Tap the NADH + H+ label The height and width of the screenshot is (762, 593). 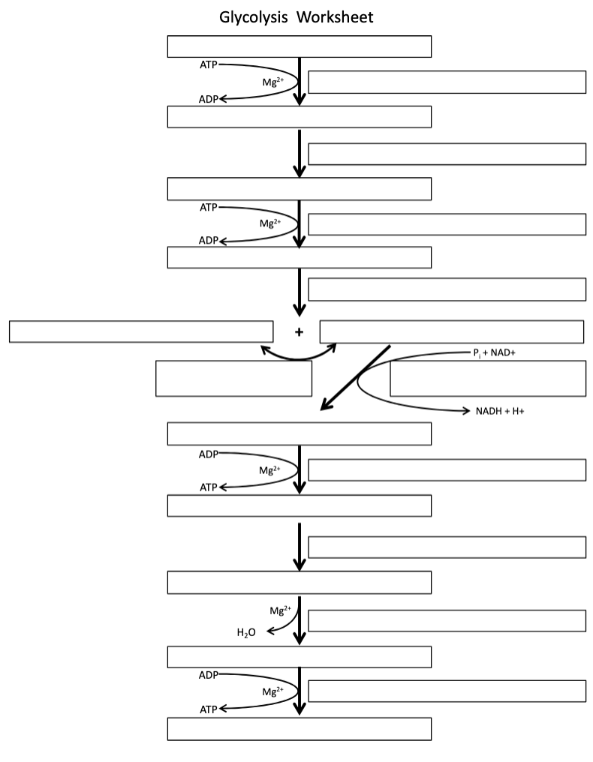coord(500,411)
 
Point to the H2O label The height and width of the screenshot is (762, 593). coord(246,633)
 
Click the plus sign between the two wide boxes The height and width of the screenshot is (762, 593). coord(299,332)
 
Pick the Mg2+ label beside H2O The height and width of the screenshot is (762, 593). coord(280,610)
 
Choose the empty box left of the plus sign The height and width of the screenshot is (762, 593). coord(141,331)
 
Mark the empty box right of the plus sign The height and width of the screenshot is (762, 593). coord(452,331)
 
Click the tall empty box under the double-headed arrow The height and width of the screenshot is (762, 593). coord(233,378)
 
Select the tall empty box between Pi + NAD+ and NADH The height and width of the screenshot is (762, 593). coord(487,378)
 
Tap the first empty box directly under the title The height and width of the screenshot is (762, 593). coord(299,46)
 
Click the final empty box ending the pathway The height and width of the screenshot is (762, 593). coord(299,729)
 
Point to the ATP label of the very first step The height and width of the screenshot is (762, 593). coord(208,65)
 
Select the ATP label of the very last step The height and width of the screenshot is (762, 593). coord(208,709)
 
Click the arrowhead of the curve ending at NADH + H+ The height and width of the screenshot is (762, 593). coord(466,411)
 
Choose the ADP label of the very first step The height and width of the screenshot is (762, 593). coord(208,98)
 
